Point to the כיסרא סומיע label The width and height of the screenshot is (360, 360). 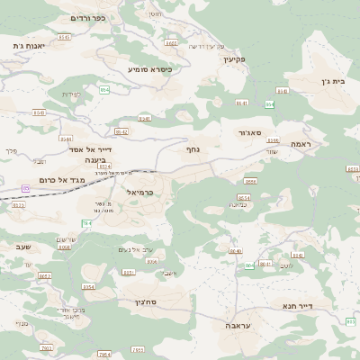click(149, 68)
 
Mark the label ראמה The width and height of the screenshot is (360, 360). click(300, 144)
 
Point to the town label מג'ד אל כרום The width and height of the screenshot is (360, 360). click(63, 180)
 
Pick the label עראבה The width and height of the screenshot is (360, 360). click(238, 327)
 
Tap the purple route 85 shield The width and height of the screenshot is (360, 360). click(25, 188)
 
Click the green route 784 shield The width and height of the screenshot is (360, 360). click(112, 222)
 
